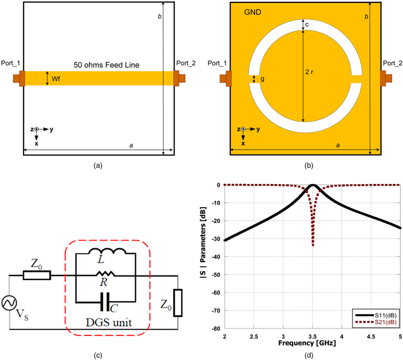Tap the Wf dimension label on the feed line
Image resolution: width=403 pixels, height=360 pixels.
coord(56,78)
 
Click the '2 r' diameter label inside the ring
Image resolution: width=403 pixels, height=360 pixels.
coord(311,73)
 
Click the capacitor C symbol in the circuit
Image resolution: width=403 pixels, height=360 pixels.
coord(105,300)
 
